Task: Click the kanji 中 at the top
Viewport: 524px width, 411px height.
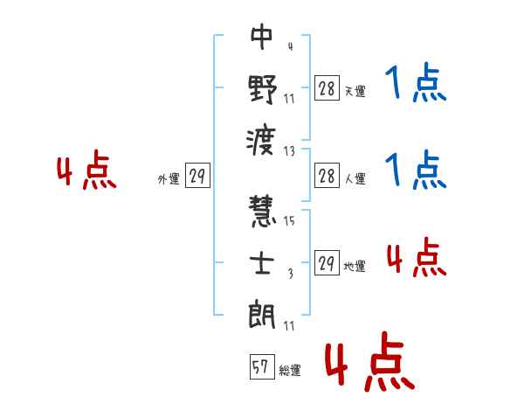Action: click(x=262, y=37)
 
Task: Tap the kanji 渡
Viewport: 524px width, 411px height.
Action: click(x=261, y=141)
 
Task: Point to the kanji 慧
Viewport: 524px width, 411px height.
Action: click(x=262, y=211)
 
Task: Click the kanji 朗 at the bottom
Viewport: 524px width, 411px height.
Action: click(x=262, y=314)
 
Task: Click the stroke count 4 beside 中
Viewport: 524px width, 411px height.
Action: click(x=291, y=46)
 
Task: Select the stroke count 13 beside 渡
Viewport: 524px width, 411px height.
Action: click(x=289, y=151)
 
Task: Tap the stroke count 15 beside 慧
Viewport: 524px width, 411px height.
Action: click(x=289, y=220)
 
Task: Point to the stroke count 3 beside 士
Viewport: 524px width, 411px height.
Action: click(x=291, y=274)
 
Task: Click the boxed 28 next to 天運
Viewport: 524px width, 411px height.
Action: click(x=327, y=87)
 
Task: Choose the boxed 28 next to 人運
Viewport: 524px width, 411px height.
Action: click(x=327, y=176)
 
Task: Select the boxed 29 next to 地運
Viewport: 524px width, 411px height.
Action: click(x=327, y=262)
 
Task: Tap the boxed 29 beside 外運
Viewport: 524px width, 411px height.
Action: click(x=197, y=175)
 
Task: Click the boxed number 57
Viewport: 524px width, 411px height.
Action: click(x=262, y=366)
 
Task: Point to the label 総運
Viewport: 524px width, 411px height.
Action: click(x=290, y=371)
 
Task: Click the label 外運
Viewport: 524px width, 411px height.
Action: click(x=169, y=179)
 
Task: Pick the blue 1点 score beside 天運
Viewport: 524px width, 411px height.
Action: click(x=416, y=82)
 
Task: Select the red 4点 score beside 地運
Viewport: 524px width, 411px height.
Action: click(x=417, y=257)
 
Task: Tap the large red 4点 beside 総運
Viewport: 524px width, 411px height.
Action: click(x=370, y=361)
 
